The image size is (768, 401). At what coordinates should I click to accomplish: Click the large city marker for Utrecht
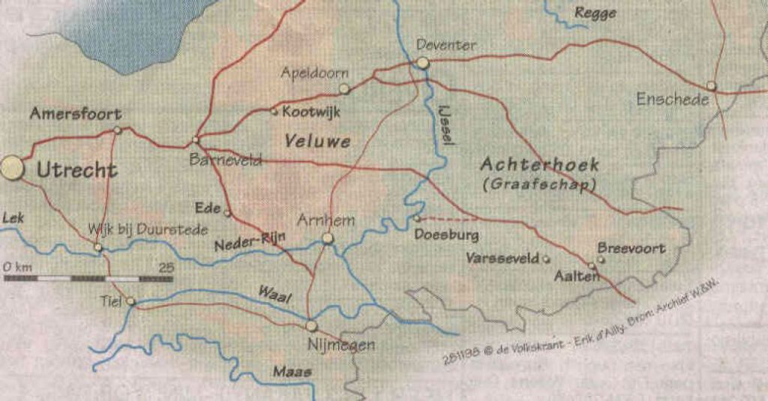[x=13, y=167]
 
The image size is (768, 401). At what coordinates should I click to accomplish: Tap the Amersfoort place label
[x=75, y=115]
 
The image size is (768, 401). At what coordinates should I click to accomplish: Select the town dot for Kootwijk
[x=274, y=112]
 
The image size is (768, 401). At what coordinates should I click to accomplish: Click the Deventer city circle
[x=423, y=63]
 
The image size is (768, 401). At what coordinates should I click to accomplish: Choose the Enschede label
[x=672, y=99]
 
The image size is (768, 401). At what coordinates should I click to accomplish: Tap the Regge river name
[x=595, y=13]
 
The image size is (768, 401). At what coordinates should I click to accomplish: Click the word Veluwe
[x=318, y=140]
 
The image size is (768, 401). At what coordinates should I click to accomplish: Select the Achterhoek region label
[x=539, y=164]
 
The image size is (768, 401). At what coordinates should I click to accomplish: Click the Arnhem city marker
[x=327, y=238]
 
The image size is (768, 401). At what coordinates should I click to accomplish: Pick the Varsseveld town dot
[x=545, y=259]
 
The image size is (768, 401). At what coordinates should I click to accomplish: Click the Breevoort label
[x=631, y=247]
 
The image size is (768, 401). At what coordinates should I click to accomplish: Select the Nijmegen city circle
[x=311, y=326]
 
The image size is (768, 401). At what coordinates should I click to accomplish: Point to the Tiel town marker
[x=130, y=301]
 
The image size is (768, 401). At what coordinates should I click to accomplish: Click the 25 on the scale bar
[x=166, y=267]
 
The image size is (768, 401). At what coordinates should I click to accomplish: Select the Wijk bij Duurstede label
[x=148, y=229]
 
